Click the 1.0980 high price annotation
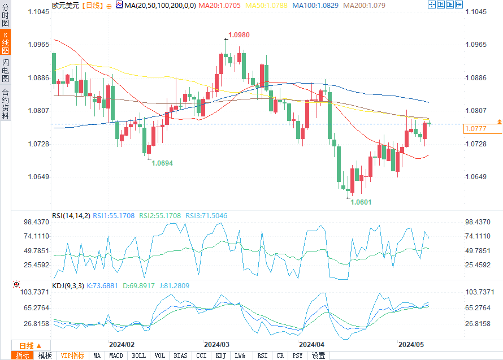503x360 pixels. point(239,35)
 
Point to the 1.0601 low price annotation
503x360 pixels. point(361,202)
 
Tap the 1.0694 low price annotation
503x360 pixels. point(162,163)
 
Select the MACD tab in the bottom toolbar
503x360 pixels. point(116,355)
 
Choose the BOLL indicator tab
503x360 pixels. point(138,355)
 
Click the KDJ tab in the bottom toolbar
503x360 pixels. point(220,355)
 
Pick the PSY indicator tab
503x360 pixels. point(297,355)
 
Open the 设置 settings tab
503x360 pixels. point(318,355)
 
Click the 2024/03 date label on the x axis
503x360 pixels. point(216,344)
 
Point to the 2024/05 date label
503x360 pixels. point(411,344)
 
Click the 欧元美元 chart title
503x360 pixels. point(66,5)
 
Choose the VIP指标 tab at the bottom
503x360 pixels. point(72,355)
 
